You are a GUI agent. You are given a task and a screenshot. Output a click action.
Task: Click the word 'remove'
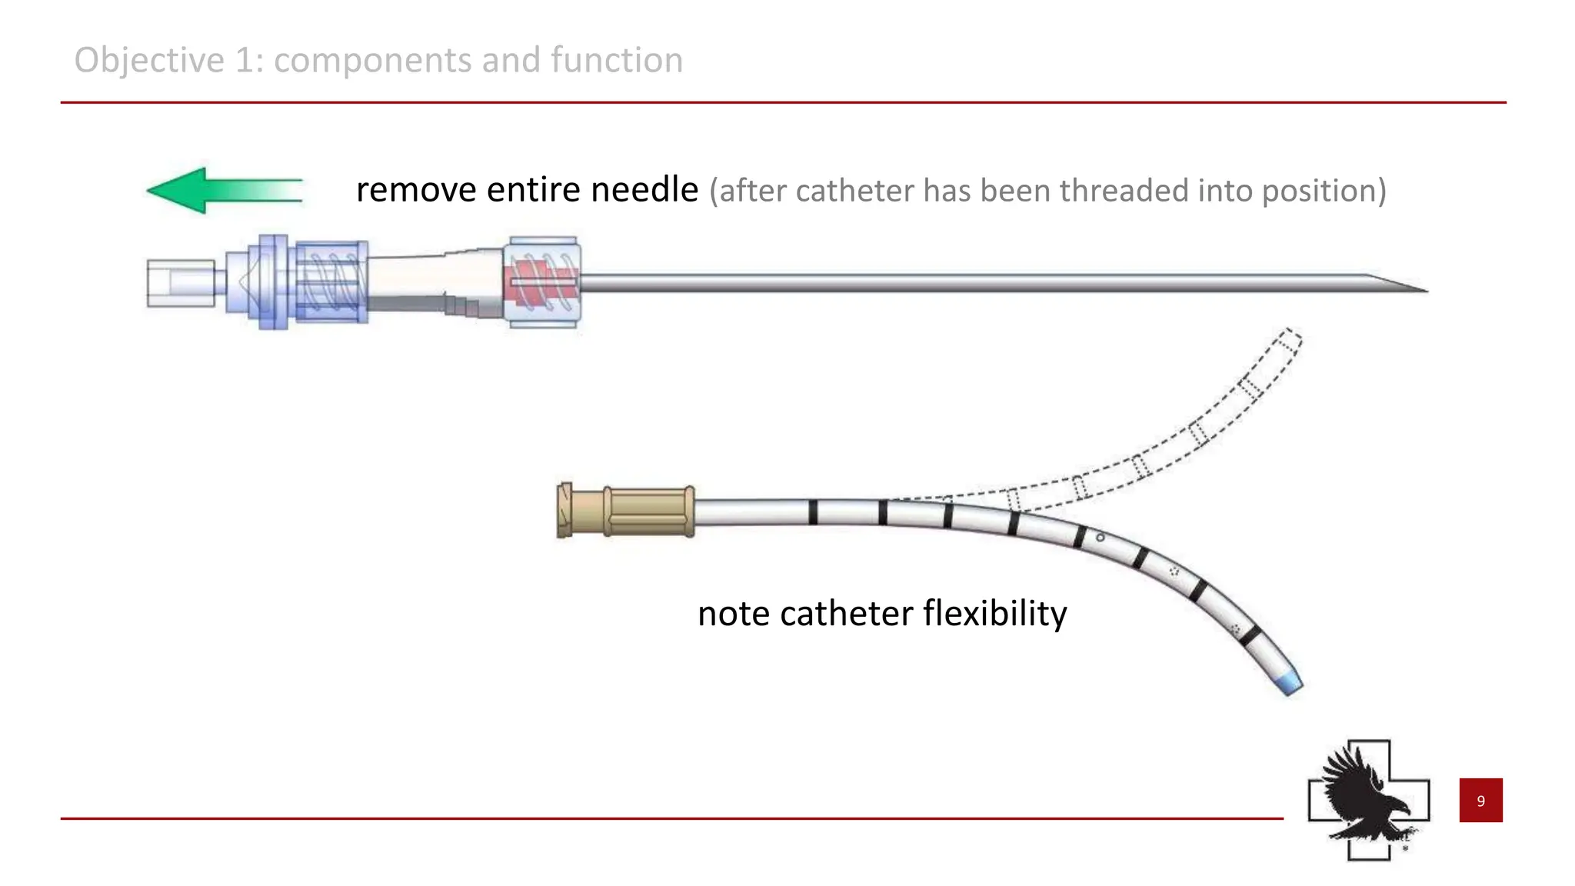(x=415, y=190)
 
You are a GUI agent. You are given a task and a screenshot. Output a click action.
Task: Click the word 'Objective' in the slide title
(x=149, y=60)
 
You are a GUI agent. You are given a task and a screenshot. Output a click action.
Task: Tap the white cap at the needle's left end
(x=180, y=284)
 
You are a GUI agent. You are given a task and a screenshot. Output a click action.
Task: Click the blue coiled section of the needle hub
(x=331, y=282)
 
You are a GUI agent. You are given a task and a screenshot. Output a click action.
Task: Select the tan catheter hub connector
(x=627, y=511)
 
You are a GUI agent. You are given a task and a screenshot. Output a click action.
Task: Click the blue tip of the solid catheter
(x=1291, y=683)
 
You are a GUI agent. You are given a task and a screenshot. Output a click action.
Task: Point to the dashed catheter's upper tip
(x=1290, y=337)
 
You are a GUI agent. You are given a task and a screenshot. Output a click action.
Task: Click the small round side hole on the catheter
(x=1100, y=538)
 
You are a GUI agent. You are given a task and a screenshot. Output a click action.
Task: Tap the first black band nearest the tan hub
(x=813, y=512)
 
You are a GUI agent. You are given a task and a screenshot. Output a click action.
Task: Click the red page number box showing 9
(x=1480, y=801)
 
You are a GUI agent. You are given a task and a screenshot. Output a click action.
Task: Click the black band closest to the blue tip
(x=1250, y=636)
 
